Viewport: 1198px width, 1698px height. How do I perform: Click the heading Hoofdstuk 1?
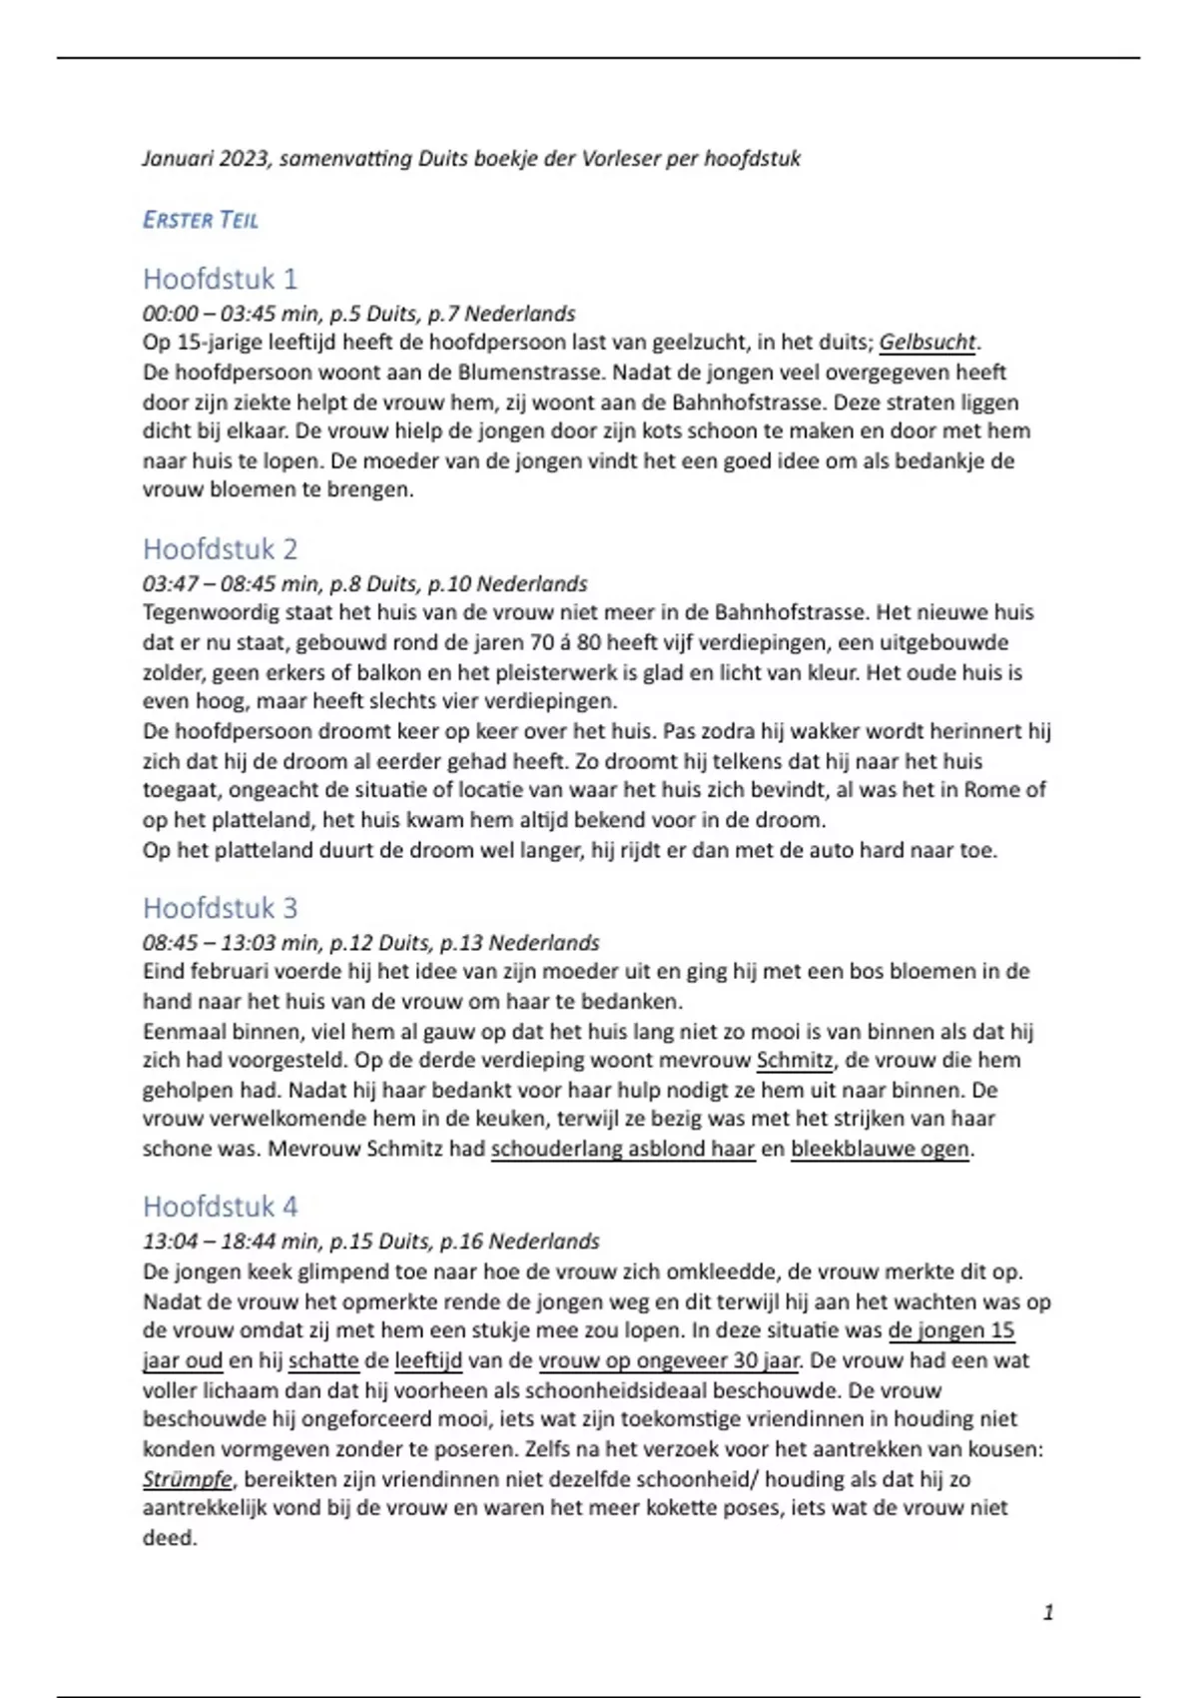[220, 279]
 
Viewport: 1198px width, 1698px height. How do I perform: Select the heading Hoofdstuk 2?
[220, 549]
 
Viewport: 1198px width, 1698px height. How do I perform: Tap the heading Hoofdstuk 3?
[220, 908]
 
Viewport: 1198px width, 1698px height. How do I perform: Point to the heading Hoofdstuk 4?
[220, 1207]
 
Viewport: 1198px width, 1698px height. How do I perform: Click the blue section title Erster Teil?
[201, 220]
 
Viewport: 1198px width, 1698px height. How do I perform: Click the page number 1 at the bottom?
[1047, 1612]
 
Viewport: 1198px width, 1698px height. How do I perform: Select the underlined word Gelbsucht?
[926, 343]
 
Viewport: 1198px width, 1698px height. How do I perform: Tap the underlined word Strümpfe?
[187, 1479]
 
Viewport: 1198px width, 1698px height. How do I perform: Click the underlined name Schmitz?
[794, 1061]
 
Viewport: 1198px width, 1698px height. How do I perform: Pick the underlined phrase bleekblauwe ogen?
[880, 1149]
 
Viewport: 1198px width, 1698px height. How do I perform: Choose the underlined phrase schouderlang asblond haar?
[623, 1149]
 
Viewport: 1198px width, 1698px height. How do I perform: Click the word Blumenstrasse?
[529, 373]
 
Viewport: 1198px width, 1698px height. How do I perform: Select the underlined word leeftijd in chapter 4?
[428, 1360]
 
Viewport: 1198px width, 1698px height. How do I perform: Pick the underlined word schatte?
[323, 1360]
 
